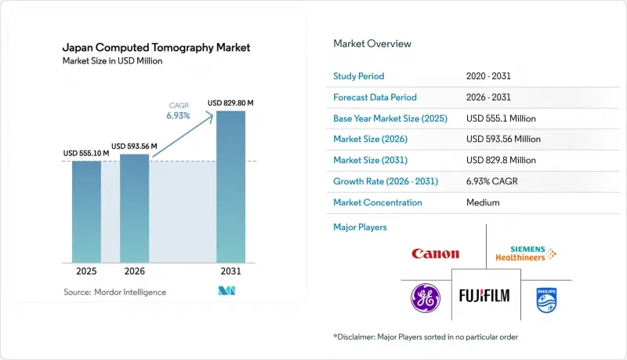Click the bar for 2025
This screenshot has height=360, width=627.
(x=86, y=212)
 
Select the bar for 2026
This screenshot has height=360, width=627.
(x=134, y=209)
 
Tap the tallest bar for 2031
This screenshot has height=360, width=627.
(x=230, y=187)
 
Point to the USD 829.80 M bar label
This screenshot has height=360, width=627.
(x=230, y=103)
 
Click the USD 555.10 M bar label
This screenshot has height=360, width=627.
(x=86, y=153)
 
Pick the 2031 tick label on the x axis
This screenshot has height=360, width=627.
(x=230, y=271)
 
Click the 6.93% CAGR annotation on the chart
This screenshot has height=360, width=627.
(x=179, y=111)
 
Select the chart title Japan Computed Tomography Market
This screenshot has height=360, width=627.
(x=156, y=48)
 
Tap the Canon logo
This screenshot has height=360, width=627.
(x=436, y=253)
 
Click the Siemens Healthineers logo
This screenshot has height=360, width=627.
(x=526, y=253)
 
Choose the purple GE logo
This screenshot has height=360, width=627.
(x=426, y=298)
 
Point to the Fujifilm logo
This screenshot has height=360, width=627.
(x=484, y=296)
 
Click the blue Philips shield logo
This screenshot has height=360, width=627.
(x=546, y=300)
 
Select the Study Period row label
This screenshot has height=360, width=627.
(x=359, y=76)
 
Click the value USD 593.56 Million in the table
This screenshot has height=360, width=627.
(x=503, y=139)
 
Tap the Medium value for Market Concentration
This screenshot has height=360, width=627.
(x=483, y=202)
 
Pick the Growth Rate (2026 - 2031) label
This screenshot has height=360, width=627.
(x=386, y=181)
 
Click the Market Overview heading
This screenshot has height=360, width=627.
(x=372, y=44)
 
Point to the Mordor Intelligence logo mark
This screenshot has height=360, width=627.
(x=227, y=291)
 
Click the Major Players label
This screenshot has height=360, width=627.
(x=360, y=227)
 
